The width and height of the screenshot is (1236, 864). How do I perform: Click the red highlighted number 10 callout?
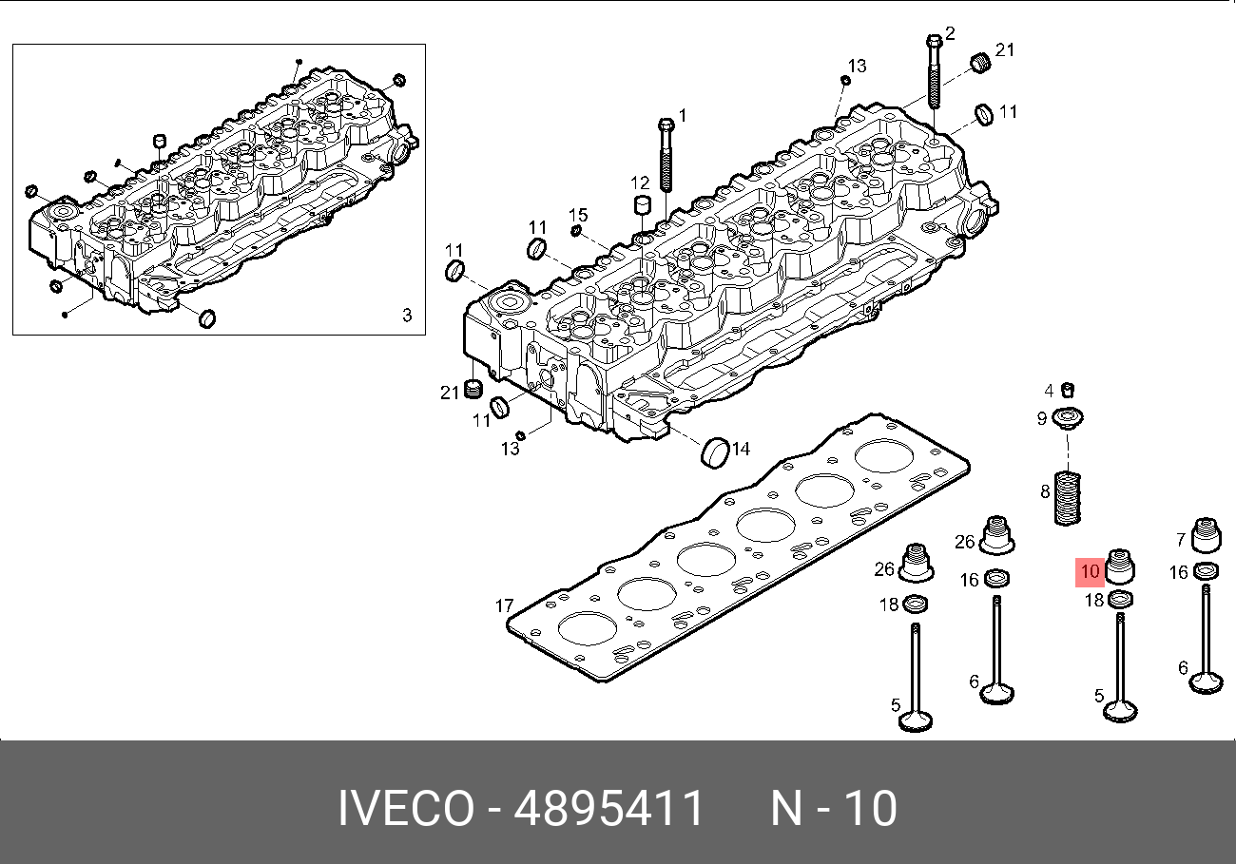click(1090, 572)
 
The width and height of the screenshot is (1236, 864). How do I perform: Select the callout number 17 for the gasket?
click(504, 605)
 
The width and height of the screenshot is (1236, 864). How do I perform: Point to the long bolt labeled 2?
click(934, 71)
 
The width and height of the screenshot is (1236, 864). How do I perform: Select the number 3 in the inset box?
click(406, 315)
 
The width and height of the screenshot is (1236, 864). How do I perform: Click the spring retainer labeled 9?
click(1070, 418)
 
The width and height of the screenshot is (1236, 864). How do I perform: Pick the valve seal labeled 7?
click(1206, 535)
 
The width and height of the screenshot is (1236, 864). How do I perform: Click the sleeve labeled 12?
click(643, 208)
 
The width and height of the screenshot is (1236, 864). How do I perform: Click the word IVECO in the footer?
click(406, 810)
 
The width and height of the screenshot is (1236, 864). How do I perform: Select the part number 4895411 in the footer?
click(609, 810)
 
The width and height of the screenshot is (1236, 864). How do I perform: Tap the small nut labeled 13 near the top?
click(844, 80)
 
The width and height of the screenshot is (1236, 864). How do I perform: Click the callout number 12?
click(639, 182)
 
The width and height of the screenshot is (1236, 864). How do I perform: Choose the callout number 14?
click(741, 449)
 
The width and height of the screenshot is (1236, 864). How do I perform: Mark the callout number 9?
click(1042, 418)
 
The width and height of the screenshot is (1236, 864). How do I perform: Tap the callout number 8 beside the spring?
click(1045, 491)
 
